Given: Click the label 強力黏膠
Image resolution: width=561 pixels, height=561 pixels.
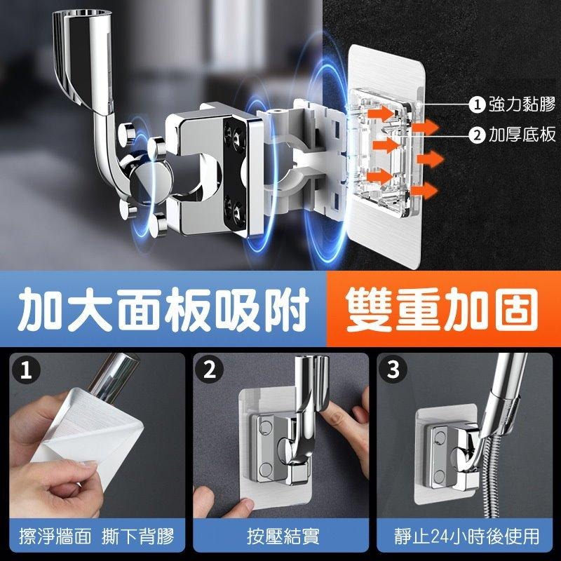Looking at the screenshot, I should pyautogui.click(x=522, y=105).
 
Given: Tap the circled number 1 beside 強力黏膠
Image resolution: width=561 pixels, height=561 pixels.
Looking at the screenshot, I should pyautogui.click(x=477, y=105).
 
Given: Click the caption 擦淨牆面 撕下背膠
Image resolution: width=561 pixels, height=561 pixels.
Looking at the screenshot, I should pyautogui.click(x=97, y=537).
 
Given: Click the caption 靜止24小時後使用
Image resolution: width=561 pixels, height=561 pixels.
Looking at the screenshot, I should pyautogui.click(x=466, y=537).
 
